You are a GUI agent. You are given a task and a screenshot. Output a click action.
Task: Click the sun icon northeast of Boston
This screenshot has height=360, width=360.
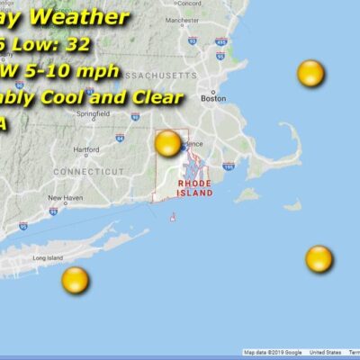(x=310, y=73)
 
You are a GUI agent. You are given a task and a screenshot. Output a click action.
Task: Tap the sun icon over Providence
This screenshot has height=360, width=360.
(x=168, y=143)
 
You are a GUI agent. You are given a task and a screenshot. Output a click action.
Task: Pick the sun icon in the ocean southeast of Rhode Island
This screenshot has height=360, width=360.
(x=319, y=259)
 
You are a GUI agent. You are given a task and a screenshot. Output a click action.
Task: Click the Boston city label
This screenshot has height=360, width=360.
(x=213, y=99)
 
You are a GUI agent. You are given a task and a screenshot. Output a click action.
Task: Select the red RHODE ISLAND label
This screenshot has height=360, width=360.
(x=194, y=187)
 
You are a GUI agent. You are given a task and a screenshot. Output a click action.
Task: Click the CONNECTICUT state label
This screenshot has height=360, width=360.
(x=88, y=171)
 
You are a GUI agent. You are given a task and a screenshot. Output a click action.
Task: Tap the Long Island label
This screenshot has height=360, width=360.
(x=47, y=258)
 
